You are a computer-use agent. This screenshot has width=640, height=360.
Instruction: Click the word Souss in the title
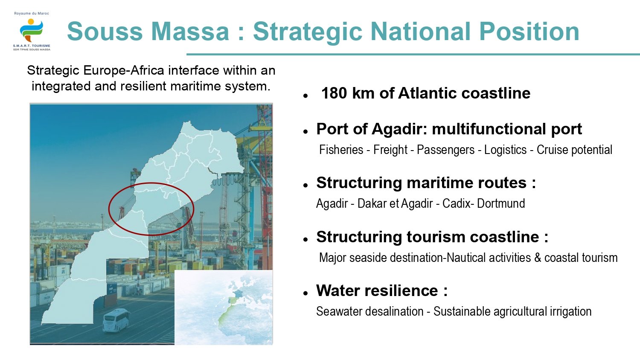[x=105, y=32]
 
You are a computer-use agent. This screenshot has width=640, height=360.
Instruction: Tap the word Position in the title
[x=529, y=32]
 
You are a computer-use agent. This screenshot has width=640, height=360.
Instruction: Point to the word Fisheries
[x=341, y=150]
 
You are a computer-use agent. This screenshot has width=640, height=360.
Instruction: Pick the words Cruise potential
[x=574, y=150]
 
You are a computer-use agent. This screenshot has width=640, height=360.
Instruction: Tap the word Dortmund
[x=501, y=203]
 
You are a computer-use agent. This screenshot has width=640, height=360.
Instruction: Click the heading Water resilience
[x=382, y=290]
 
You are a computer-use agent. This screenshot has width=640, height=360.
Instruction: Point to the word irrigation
[x=571, y=311]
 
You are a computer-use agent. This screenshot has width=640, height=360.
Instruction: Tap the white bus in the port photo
[x=116, y=320]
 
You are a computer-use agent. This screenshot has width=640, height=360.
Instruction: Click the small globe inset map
[x=224, y=307]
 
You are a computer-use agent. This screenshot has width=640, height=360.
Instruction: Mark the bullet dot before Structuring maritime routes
[x=305, y=185]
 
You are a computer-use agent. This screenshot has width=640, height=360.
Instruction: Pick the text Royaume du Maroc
[x=32, y=13]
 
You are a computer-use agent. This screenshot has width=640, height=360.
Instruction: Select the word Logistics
[x=505, y=150]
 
